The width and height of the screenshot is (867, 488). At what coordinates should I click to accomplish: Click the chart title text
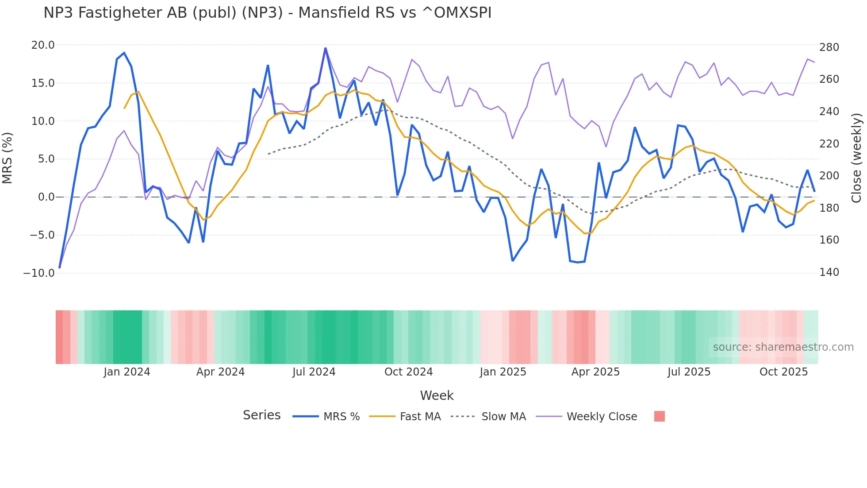point(267,13)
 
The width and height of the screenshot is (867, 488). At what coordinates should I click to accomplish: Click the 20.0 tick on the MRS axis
point(43,45)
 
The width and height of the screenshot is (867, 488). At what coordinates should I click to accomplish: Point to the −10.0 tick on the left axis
point(39,273)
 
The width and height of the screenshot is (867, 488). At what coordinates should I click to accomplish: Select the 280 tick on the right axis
point(829,47)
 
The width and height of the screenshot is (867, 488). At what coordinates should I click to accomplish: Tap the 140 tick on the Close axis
point(829,272)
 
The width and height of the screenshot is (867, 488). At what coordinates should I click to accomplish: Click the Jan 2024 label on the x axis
point(127,372)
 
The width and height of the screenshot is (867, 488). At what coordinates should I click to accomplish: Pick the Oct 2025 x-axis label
point(783,372)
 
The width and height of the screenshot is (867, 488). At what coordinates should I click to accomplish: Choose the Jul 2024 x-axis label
point(314,372)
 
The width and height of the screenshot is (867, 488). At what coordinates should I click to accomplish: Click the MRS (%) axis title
point(8,158)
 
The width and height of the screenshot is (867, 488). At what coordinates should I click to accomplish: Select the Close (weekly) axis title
point(857,158)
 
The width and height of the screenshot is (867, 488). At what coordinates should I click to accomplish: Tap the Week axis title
point(437,395)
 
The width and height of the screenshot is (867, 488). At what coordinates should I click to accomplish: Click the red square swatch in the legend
point(659,416)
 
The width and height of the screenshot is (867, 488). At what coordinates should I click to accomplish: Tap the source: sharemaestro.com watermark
point(783,347)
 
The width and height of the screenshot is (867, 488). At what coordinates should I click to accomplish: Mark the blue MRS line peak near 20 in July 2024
point(326,48)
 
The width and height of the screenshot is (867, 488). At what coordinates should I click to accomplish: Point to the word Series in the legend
point(261,415)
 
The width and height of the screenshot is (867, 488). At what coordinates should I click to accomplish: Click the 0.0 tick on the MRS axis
point(46,197)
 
